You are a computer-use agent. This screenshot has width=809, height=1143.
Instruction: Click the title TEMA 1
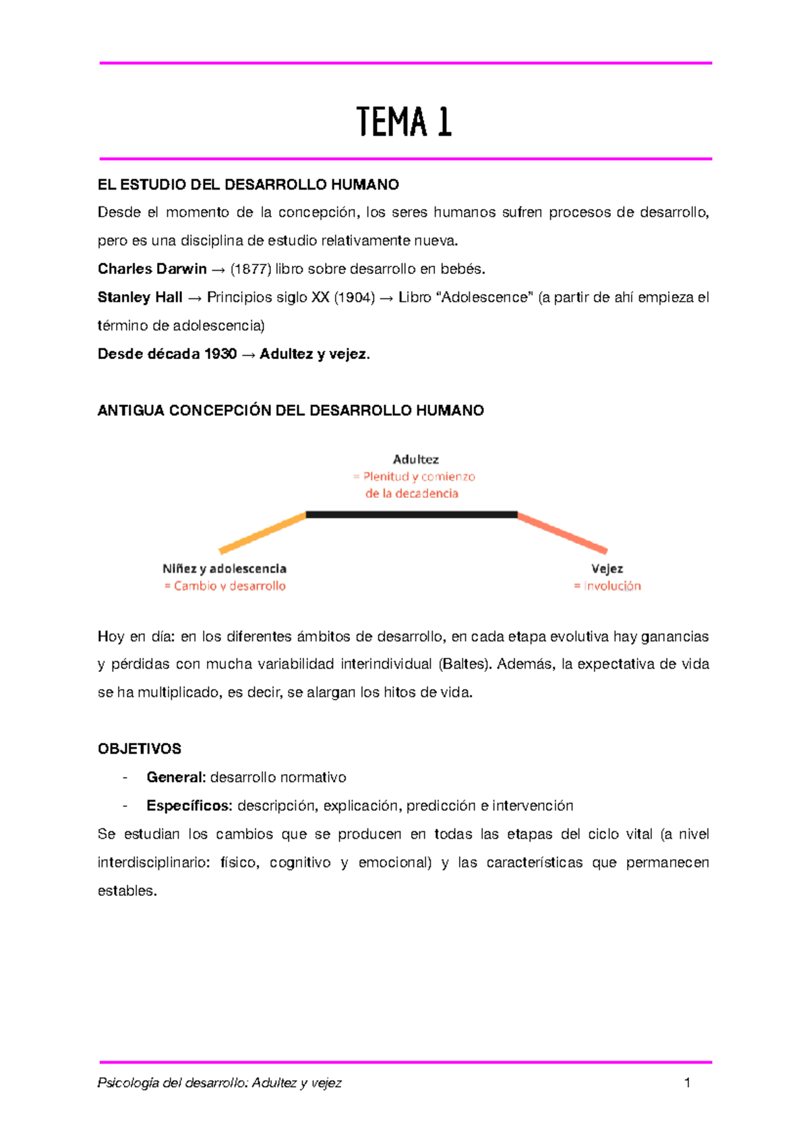(404, 122)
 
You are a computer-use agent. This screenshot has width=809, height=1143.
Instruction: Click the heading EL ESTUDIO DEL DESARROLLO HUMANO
(248, 185)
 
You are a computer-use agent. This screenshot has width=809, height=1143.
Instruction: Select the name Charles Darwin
(152, 269)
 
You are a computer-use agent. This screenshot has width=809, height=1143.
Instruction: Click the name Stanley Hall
(140, 298)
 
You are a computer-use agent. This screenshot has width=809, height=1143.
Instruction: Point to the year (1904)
(355, 298)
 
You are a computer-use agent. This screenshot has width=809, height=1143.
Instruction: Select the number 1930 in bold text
(220, 354)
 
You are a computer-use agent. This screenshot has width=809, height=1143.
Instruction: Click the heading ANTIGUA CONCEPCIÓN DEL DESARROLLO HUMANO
(291, 411)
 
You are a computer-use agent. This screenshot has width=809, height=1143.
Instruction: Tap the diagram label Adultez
(415, 459)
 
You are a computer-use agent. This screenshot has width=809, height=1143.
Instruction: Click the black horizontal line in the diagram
(411, 515)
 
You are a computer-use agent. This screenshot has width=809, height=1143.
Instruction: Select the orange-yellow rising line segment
(263, 533)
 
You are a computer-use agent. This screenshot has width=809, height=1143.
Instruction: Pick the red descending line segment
(562, 533)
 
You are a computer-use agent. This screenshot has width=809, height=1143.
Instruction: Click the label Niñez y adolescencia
(224, 569)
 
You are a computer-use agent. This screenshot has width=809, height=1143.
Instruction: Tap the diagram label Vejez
(607, 569)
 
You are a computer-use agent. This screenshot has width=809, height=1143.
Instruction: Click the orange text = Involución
(607, 586)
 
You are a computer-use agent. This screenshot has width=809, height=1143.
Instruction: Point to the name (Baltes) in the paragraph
(465, 665)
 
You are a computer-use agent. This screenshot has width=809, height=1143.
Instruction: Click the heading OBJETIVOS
(140, 749)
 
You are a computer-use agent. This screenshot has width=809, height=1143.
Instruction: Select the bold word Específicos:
(189, 806)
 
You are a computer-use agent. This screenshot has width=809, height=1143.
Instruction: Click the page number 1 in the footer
(687, 1083)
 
